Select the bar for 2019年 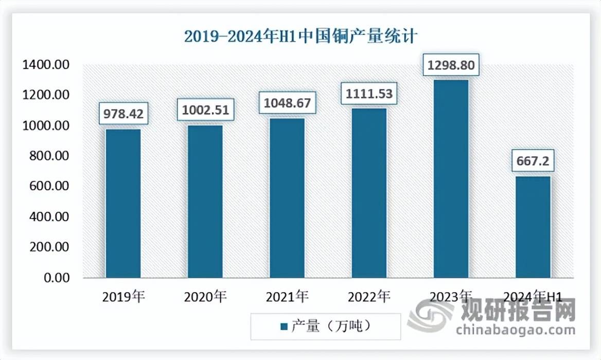point(123,203)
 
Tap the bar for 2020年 point(205,202)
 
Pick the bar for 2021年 point(287,198)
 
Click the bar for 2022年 point(369,193)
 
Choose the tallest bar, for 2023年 point(451,179)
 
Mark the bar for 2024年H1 point(533,227)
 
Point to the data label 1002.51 point(205,109)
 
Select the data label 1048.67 point(287,102)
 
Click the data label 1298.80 point(451,65)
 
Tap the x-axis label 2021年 point(287,296)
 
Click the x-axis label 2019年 point(123,296)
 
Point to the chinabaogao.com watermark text point(515,329)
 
